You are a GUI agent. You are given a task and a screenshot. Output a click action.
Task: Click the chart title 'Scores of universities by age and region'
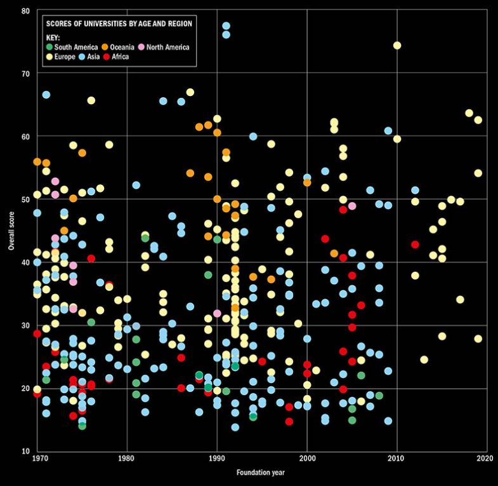coord(119,24)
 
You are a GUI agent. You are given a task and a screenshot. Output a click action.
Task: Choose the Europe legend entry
coord(65,57)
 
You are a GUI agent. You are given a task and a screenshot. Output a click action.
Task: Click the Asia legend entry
coord(99,57)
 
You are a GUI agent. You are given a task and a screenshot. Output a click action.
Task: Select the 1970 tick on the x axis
coord(37,459)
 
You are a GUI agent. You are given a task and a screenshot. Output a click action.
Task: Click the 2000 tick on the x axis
coord(307,459)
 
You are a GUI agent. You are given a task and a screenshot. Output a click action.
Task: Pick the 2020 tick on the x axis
coord(485,459)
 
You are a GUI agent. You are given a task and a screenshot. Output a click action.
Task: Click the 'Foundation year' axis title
coord(262,473)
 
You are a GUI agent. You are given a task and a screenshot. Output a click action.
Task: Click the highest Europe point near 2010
coord(397,46)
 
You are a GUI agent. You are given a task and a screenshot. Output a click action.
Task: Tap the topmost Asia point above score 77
coord(226,26)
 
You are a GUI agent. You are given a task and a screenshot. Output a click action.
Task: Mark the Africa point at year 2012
coord(416,245)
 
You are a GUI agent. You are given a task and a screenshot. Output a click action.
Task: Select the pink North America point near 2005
coord(352,206)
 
